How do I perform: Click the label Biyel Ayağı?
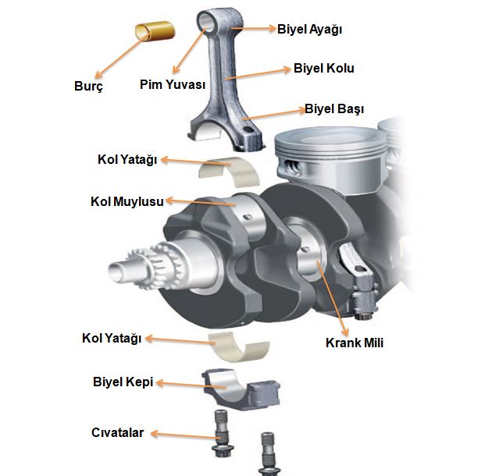[309, 30]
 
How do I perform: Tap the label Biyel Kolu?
[323, 69]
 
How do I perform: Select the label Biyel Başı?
[333, 108]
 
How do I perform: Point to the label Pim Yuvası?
[173, 83]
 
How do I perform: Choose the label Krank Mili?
[355, 342]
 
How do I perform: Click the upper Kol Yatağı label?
[127, 159]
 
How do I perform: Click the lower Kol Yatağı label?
[112, 339]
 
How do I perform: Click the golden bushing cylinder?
[155, 34]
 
